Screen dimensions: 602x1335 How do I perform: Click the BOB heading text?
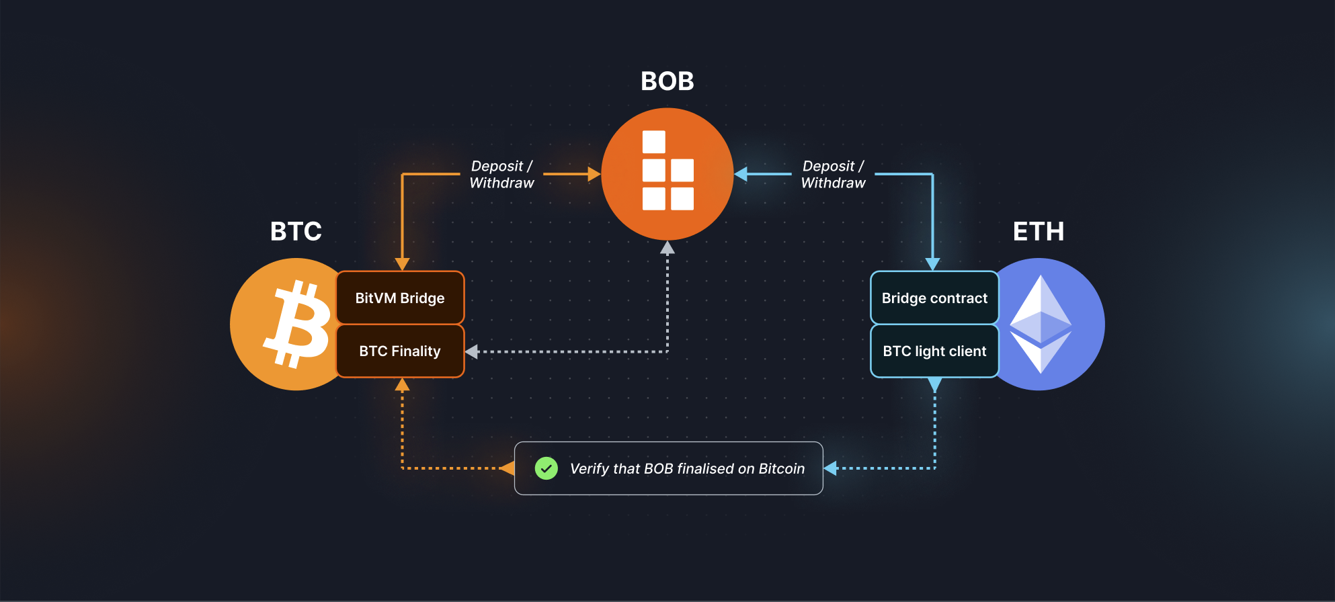(667, 81)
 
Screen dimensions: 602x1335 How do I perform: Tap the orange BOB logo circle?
(667, 173)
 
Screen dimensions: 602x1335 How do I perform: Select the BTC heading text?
(296, 231)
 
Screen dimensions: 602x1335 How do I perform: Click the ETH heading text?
(1039, 231)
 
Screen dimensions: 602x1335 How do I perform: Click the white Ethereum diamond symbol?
(1041, 324)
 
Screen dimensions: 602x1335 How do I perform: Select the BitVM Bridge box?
(400, 298)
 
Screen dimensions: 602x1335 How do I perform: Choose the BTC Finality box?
(400, 351)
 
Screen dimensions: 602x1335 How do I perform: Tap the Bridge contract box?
(934, 298)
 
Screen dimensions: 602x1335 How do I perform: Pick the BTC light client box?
(934, 351)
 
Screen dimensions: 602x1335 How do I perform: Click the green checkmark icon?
(546, 468)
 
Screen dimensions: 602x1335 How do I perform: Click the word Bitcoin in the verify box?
(781, 468)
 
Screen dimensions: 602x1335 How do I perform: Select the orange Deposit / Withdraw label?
(501, 174)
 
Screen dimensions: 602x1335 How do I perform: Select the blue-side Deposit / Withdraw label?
(833, 174)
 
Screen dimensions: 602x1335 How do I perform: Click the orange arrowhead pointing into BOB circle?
(594, 174)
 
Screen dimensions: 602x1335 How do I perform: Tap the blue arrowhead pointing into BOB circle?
(741, 174)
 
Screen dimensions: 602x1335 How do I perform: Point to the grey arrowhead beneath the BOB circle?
(667, 248)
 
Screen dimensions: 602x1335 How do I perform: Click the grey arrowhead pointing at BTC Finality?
(472, 351)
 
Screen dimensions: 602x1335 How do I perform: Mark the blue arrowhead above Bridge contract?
(932, 263)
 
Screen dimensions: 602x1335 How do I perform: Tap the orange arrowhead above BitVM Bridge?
(402, 263)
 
